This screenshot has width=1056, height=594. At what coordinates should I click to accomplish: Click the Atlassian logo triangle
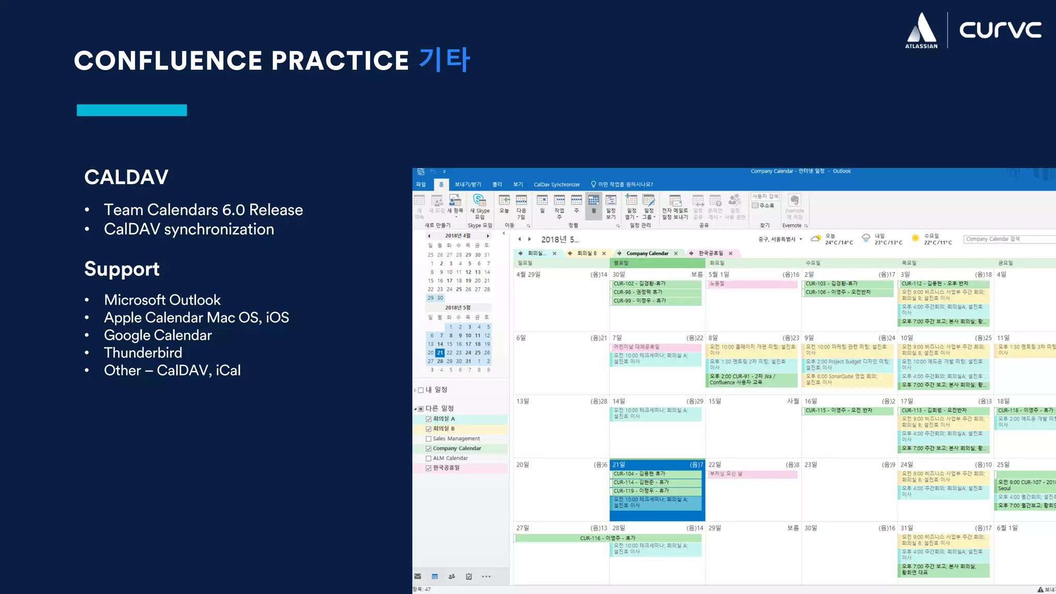pyautogui.click(x=921, y=28)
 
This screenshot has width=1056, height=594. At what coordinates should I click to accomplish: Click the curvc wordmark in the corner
pyautogui.click(x=1000, y=29)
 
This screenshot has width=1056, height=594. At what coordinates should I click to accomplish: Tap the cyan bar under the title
pyautogui.click(x=131, y=110)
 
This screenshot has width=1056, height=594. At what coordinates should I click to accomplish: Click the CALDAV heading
pyautogui.click(x=126, y=177)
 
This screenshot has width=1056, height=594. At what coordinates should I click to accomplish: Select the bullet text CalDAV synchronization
pyautogui.click(x=189, y=229)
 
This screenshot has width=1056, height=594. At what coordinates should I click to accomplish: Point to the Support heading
pyautogui.click(x=122, y=269)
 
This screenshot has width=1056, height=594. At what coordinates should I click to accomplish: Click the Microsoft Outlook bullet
pyautogui.click(x=162, y=300)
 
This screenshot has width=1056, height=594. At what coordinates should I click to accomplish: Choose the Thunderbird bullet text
pyautogui.click(x=143, y=353)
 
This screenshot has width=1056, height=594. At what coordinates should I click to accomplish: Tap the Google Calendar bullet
pyautogui.click(x=158, y=335)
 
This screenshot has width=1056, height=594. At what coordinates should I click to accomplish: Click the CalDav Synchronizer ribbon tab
pyautogui.click(x=556, y=185)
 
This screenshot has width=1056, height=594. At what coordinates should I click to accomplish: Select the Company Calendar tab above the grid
pyautogui.click(x=647, y=253)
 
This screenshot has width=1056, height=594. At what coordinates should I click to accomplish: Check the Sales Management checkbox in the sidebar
pyautogui.click(x=428, y=439)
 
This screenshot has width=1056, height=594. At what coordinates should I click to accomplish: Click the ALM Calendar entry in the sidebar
pyautogui.click(x=450, y=458)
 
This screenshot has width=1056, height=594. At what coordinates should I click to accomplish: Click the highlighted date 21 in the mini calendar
pyautogui.click(x=440, y=353)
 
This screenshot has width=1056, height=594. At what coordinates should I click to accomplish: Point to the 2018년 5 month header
pyautogui.click(x=559, y=239)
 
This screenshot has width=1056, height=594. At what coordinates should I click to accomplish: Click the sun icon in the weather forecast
pyautogui.click(x=915, y=238)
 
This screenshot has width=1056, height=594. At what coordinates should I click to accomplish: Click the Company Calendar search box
pyautogui.click(x=1008, y=239)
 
